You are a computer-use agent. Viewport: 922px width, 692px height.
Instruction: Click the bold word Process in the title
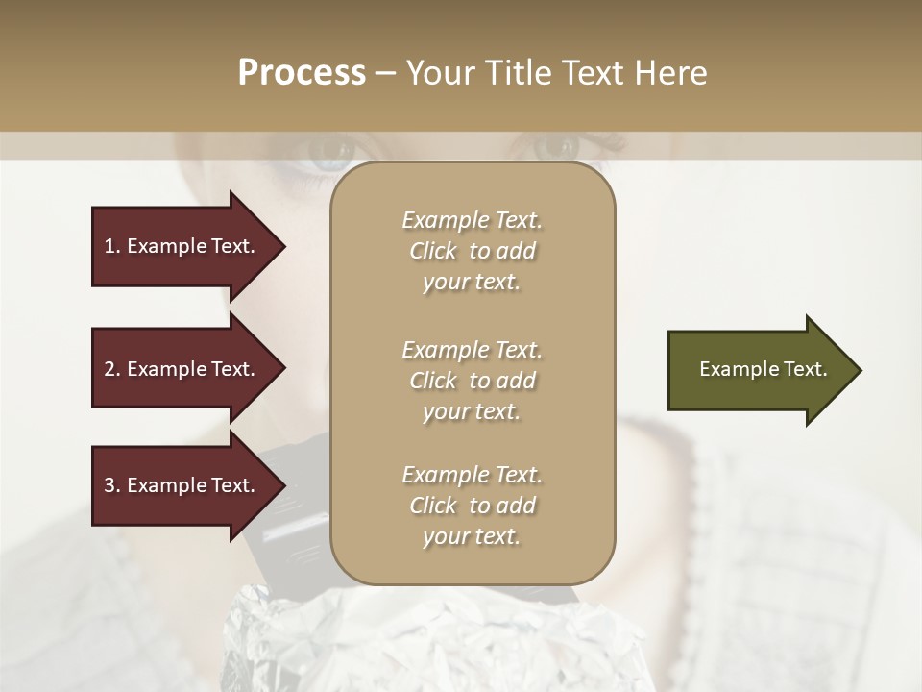click(302, 73)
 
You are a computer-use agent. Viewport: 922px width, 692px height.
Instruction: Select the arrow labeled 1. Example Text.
click(182, 246)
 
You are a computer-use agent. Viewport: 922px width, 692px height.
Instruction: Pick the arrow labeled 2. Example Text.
click(182, 369)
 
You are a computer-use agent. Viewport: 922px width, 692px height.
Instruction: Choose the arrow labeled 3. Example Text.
click(182, 485)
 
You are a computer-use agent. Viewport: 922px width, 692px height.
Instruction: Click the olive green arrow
click(759, 370)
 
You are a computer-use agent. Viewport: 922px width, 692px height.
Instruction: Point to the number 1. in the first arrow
click(112, 246)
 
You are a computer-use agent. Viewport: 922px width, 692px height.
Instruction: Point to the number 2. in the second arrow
click(112, 369)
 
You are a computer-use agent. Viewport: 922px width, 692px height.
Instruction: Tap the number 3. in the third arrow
click(112, 485)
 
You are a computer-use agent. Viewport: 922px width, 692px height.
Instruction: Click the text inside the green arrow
click(763, 369)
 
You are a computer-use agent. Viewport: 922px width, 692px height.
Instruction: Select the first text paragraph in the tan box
click(472, 251)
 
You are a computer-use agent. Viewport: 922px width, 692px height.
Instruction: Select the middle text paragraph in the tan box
click(472, 380)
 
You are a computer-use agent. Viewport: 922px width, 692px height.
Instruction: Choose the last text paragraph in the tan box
click(472, 506)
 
